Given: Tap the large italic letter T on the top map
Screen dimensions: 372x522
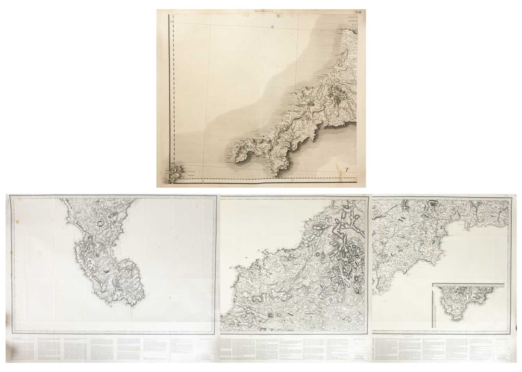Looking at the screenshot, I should tap(347, 170).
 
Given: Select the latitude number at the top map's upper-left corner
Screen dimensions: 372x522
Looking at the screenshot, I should tap(172, 22).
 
